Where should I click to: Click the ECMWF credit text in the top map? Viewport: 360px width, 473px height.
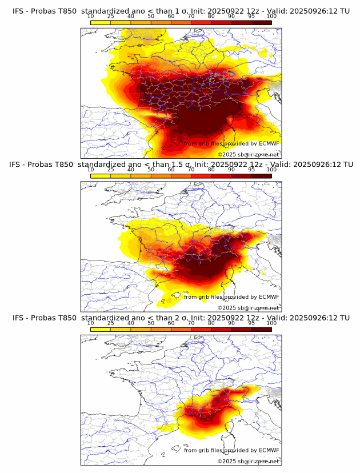(232, 143)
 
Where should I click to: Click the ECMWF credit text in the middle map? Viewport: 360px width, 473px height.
(232, 296)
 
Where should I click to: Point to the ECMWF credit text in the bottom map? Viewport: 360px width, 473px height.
(232, 450)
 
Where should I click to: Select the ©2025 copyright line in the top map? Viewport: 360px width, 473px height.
(248, 154)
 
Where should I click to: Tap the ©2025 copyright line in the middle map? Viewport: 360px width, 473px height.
(248, 307)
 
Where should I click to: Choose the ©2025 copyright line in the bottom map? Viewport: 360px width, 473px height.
(248, 461)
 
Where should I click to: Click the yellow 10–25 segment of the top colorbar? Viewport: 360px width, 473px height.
(101, 22)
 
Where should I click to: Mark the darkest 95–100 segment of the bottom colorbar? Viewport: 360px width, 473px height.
(262, 329)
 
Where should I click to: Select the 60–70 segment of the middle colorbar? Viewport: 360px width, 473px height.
(181, 176)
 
